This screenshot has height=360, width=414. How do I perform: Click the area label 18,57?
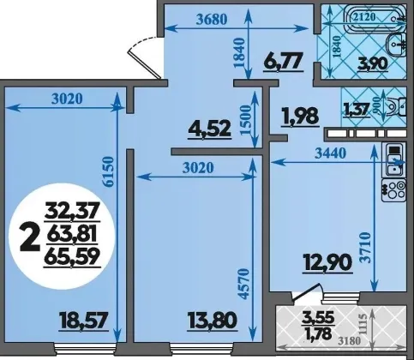tap(83, 321)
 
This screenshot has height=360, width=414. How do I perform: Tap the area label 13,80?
tap(213, 321)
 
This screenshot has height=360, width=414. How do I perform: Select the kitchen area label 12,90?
tap(327, 263)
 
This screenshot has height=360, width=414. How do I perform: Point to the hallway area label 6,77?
tap(283, 62)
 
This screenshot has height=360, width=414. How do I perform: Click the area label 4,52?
tap(209, 129)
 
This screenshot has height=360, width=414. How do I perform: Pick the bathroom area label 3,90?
tap(373, 63)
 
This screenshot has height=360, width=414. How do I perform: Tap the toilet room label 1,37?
tap(357, 110)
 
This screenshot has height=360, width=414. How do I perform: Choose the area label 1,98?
tap(300, 117)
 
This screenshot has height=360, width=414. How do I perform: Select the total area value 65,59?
tap(72, 256)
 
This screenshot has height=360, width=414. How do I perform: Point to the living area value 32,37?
tap(72, 211)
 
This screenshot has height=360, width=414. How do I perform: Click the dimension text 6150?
tap(109, 171)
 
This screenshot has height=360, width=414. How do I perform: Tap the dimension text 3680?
tap(212, 20)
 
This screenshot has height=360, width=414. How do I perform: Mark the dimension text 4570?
tap(244, 283)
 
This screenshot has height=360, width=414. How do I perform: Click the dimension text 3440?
tap(330, 153)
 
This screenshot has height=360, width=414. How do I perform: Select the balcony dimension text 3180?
tap(349, 341)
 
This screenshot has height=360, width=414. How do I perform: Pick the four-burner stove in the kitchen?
tap(394, 190)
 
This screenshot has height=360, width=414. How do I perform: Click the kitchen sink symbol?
tap(394, 160)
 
